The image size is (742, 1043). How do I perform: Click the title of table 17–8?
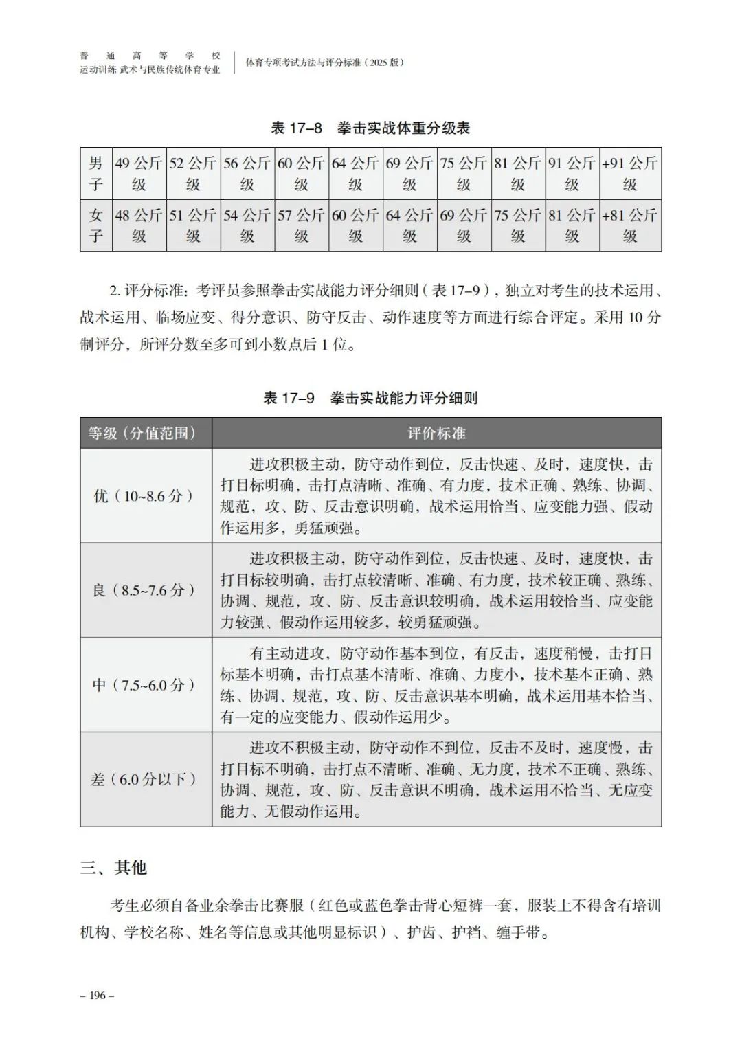pyautogui.click(x=370, y=128)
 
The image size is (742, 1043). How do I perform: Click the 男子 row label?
pyautogui.click(x=95, y=173)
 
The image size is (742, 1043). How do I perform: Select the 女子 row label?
pyautogui.click(x=95, y=225)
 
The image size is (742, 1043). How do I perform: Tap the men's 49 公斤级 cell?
pyautogui.click(x=139, y=173)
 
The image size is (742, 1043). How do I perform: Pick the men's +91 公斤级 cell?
pyautogui.click(x=630, y=173)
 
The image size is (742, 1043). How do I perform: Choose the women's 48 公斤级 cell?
pyautogui.click(x=139, y=225)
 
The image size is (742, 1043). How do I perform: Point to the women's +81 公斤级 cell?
pyautogui.click(x=630, y=225)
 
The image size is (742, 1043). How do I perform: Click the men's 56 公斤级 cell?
pyautogui.click(x=247, y=173)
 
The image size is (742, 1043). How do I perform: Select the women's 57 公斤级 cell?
pyautogui.click(x=301, y=225)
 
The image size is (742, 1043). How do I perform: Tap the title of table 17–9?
pyautogui.click(x=370, y=398)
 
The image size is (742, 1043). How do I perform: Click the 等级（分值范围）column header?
pyautogui.click(x=146, y=433)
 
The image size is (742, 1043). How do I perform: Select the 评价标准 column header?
pyautogui.click(x=436, y=433)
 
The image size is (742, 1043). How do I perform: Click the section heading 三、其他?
pyautogui.click(x=113, y=868)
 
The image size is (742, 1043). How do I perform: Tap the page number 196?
pyautogui.click(x=97, y=996)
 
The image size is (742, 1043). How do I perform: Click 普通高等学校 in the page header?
pyautogui.click(x=150, y=56)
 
